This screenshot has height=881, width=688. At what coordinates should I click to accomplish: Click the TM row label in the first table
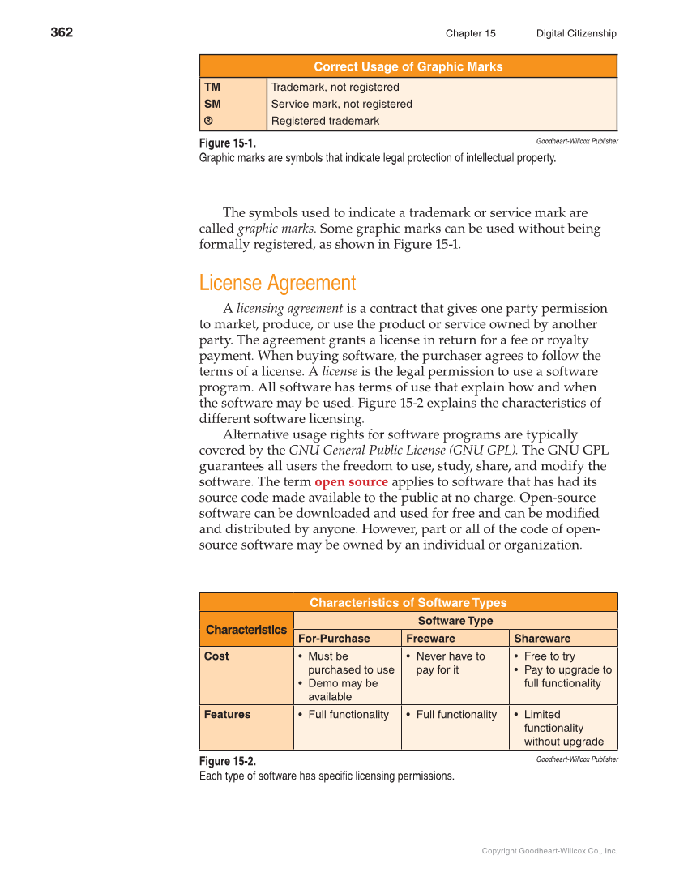[x=212, y=87]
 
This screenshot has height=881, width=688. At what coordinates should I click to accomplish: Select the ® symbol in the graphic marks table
[x=209, y=121]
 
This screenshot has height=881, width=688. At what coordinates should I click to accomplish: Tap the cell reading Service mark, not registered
[x=341, y=104]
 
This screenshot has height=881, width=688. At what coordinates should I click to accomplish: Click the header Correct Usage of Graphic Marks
[x=408, y=66]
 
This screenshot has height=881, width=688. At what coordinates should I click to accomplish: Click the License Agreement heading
[x=277, y=283]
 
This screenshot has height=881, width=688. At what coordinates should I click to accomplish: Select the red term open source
[x=351, y=481]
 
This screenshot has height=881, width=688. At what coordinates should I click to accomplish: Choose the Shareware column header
[x=542, y=638]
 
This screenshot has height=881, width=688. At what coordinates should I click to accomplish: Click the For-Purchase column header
[x=334, y=638]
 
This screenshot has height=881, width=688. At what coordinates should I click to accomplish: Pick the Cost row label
[x=216, y=656]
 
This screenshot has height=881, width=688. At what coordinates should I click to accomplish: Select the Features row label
[x=227, y=714]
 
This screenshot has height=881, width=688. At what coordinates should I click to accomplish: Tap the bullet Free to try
[x=549, y=656]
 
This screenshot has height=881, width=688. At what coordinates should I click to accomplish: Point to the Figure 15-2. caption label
[x=228, y=761]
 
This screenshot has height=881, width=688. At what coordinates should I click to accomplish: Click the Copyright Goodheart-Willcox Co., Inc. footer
[x=549, y=850]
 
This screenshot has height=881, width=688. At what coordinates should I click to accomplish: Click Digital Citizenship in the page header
[x=575, y=33]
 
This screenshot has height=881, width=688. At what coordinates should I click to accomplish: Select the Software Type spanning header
[x=455, y=620]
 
